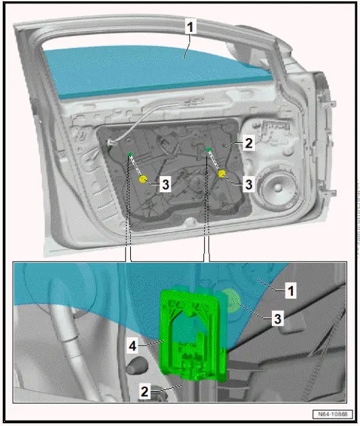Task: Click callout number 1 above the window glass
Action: (x=191, y=28)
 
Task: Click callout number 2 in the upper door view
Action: (x=249, y=143)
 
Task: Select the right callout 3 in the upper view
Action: (x=249, y=184)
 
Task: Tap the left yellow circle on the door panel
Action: (x=143, y=179)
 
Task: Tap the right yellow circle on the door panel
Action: (x=221, y=175)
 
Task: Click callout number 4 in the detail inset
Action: (x=134, y=346)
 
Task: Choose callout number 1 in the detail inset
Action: (x=289, y=292)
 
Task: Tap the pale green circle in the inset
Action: (x=233, y=301)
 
